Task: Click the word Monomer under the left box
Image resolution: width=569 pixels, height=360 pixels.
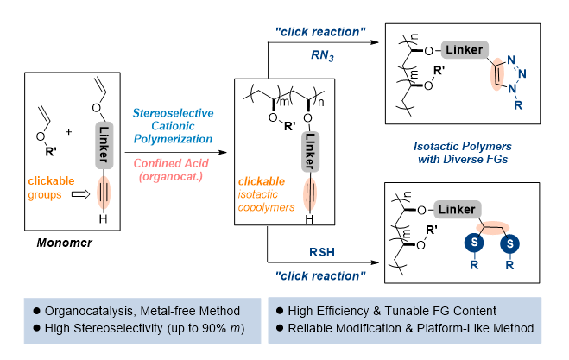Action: pyautogui.click(x=63, y=244)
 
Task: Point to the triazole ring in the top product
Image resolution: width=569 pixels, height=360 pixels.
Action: pyautogui.click(x=516, y=68)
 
